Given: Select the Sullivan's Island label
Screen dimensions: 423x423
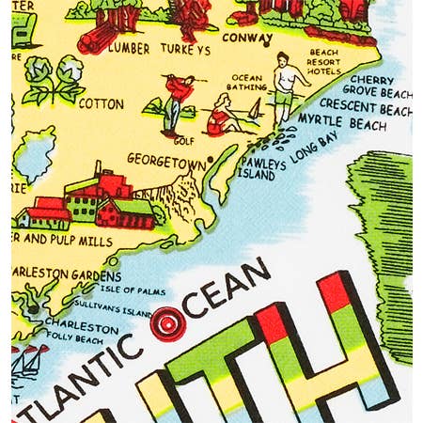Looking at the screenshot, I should (x=124, y=311).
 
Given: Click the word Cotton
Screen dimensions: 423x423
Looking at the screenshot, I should (x=102, y=103).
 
